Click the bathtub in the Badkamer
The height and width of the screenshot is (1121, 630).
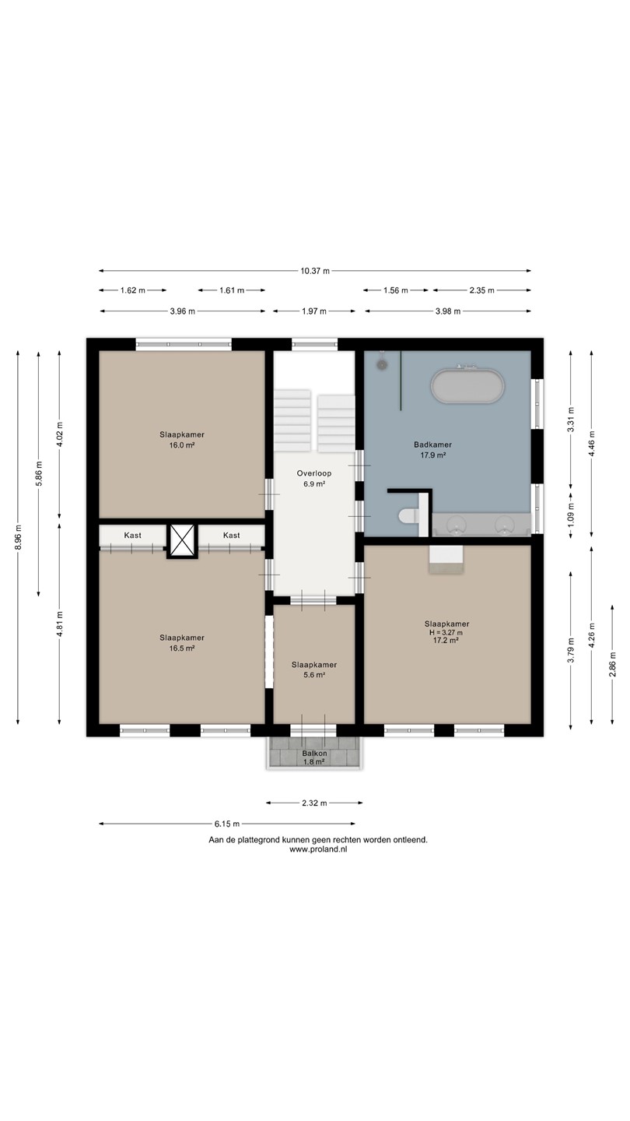(467, 385)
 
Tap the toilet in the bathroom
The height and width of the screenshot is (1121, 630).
(409, 515)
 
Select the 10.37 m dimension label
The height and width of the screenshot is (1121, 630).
(315, 271)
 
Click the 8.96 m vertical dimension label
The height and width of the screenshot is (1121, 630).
(19, 537)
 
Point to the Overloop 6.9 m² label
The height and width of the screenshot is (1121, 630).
(314, 479)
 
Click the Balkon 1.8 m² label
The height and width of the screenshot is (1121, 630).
(314, 757)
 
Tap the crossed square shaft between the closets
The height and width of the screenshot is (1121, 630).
(182, 540)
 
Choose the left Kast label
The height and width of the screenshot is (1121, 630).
(132, 536)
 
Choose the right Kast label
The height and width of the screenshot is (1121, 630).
(232, 536)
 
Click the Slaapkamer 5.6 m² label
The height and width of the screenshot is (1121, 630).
(314, 669)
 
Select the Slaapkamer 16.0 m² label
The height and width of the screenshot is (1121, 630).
(182, 439)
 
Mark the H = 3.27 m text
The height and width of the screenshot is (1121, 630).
(446, 633)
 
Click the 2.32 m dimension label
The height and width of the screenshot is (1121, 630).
(314, 803)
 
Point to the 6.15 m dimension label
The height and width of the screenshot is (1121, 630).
(227, 824)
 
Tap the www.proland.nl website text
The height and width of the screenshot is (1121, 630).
(318, 849)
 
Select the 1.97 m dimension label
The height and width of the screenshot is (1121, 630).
(313, 311)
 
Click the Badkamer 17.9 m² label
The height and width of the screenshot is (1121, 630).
(432, 449)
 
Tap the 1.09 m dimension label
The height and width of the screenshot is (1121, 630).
(571, 513)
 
